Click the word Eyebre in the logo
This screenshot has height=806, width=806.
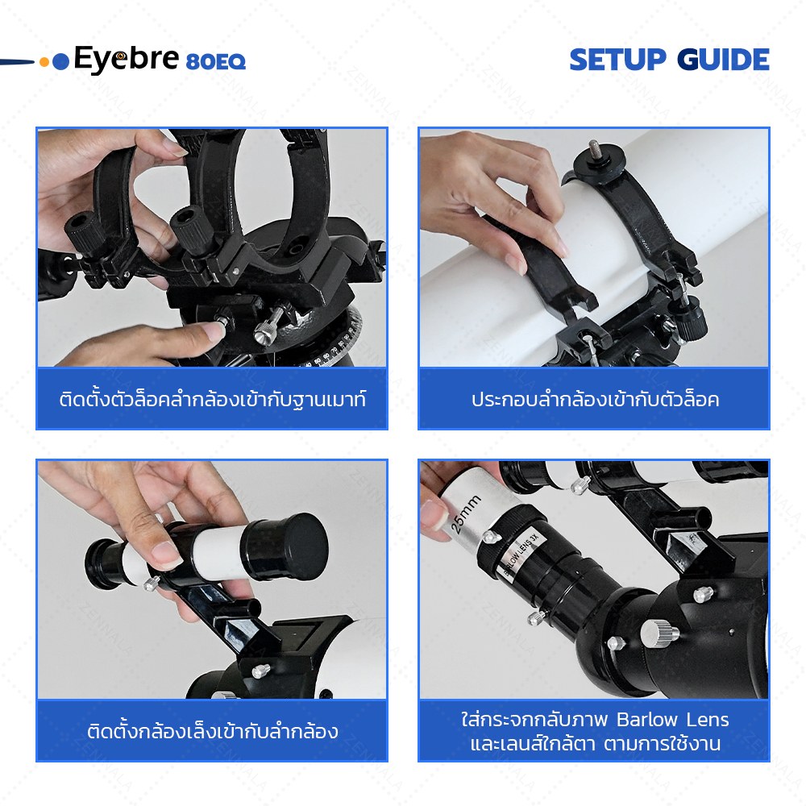point(127,59)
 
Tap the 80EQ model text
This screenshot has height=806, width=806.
point(216,62)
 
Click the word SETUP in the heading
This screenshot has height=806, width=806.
point(618,60)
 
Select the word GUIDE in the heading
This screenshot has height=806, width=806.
point(723,60)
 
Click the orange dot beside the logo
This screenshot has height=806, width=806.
point(44,62)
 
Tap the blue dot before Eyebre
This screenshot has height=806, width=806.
point(60,62)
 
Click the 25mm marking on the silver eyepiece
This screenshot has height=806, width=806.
point(465,514)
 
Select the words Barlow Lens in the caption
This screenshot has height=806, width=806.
point(672,720)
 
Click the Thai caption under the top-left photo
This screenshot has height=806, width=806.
point(212,400)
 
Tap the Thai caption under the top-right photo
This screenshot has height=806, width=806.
point(595,400)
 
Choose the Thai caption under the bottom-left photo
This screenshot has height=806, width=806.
point(212,731)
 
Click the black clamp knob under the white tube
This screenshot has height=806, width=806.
point(690,314)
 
